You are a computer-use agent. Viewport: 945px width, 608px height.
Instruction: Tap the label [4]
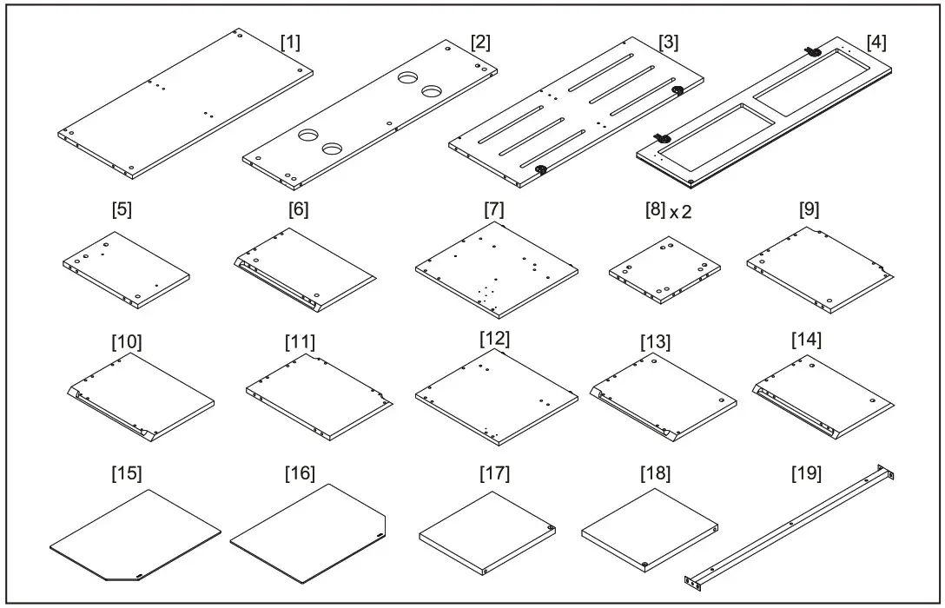(x=877, y=42)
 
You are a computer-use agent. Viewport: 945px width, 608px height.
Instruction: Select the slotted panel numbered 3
(x=578, y=113)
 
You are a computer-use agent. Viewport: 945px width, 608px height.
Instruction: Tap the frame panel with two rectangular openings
(x=764, y=113)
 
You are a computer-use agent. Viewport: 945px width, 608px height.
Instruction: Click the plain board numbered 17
(x=486, y=530)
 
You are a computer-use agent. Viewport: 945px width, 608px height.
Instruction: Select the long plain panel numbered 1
(x=182, y=104)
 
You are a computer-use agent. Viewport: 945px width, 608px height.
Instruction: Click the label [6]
(x=296, y=209)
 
